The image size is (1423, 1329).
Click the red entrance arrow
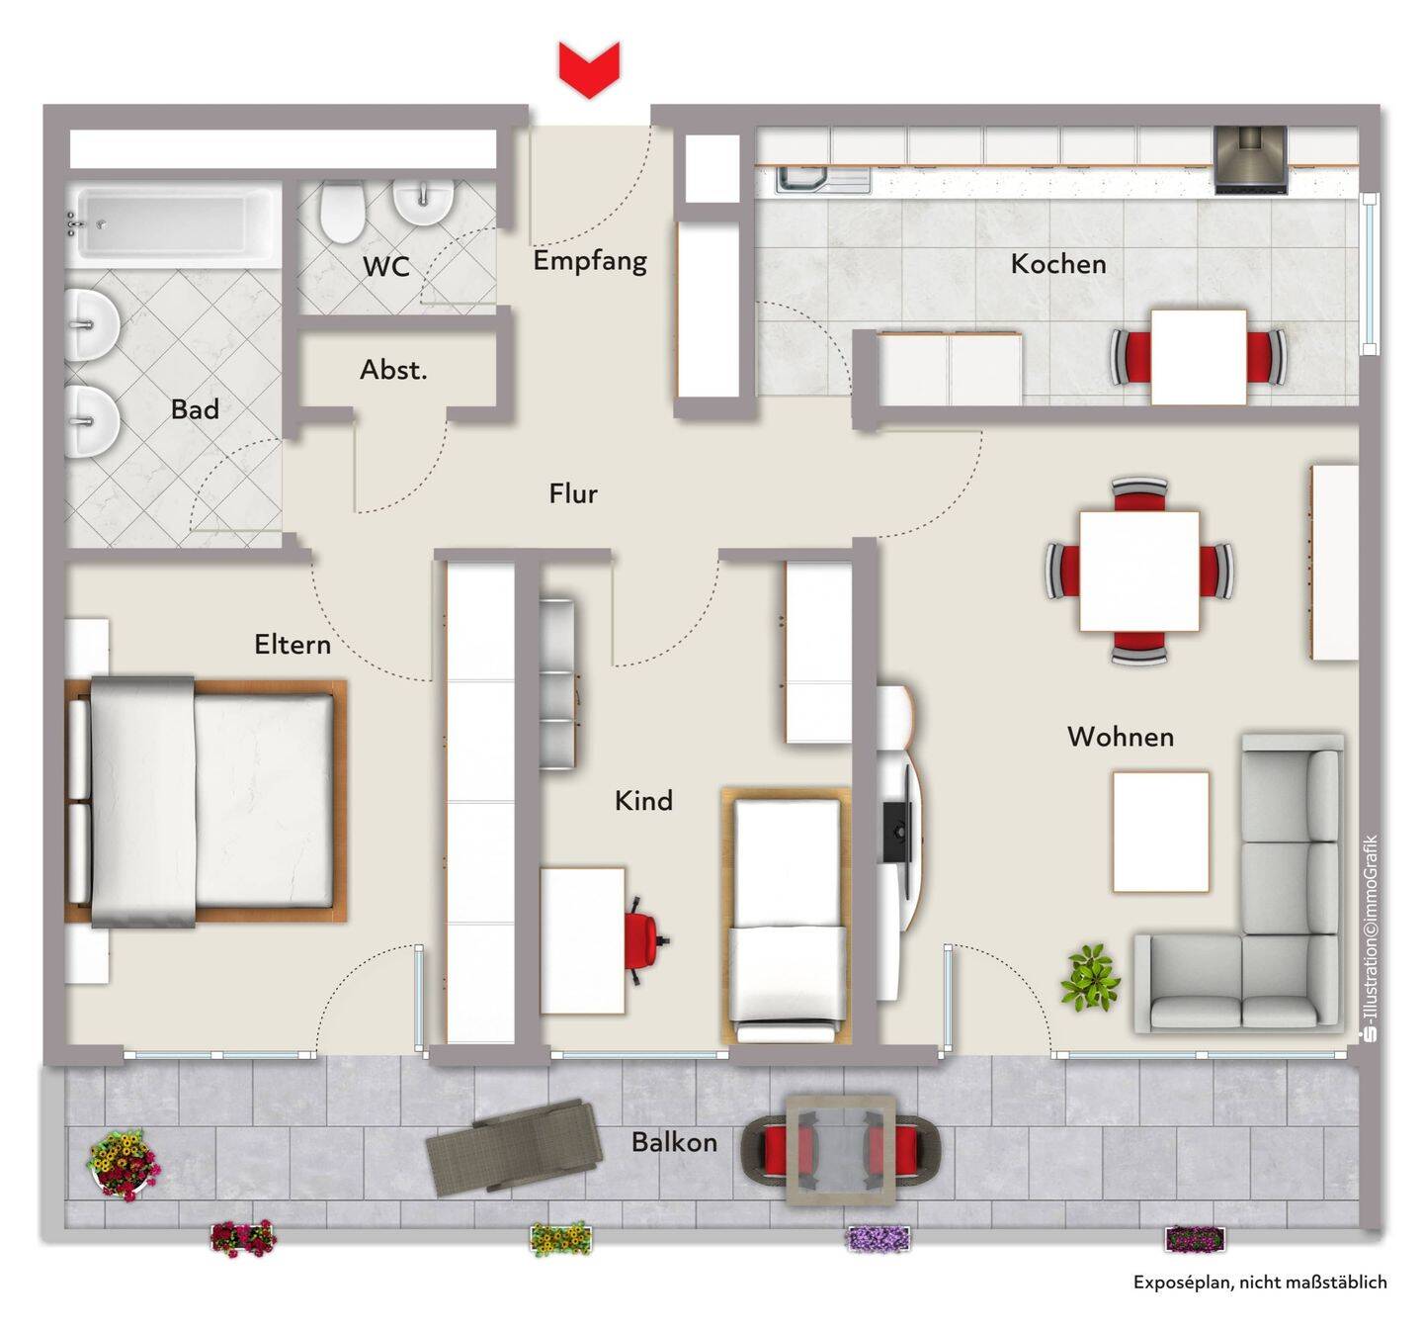click(589, 69)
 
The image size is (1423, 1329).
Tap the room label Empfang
click(590, 261)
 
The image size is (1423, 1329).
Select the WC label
click(386, 267)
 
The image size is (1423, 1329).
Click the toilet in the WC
click(340, 212)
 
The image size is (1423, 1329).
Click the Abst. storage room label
click(393, 370)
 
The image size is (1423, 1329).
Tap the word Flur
click(573, 493)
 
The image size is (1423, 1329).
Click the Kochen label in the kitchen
click(1058, 264)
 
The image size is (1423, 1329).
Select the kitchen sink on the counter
click(824, 181)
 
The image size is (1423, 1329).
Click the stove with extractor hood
click(1250, 160)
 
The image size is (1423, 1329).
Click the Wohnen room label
click(1121, 737)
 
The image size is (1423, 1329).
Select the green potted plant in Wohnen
click(1090, 978)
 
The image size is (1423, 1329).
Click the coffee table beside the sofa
click(1161, 832)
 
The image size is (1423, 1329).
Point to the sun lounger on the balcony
click(512, 1147)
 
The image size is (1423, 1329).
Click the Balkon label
click(674, 1142)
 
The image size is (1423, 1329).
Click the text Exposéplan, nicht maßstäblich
click(1260, 1282)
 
